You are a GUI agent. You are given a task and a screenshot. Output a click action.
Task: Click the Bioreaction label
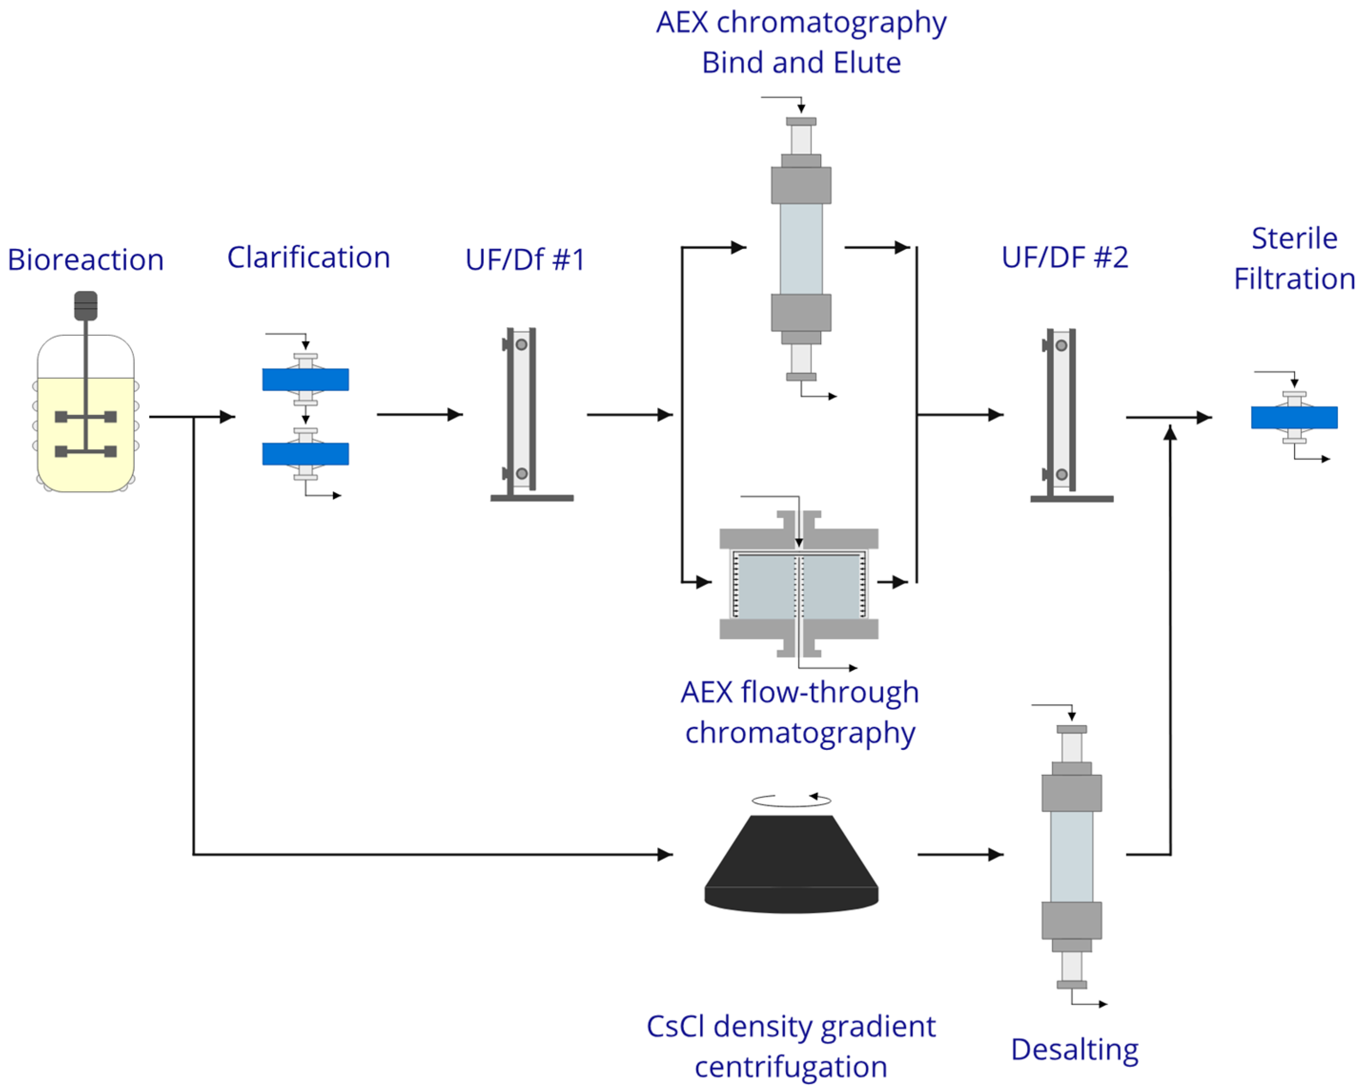coord(86,259)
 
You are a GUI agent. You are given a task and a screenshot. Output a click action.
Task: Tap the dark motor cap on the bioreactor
coord(86,306)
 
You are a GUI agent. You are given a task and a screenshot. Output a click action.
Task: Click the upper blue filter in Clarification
coord(305,380)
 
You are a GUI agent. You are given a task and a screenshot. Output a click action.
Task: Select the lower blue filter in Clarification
coord(305,454)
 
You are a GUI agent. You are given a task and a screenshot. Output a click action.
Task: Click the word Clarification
coord(309,257)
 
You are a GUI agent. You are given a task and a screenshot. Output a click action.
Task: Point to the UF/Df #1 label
coord(525,259)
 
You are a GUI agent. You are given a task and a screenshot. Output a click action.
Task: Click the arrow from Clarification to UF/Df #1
coord(420,415)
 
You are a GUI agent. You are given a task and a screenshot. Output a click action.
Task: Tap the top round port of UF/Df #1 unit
coord(521,345)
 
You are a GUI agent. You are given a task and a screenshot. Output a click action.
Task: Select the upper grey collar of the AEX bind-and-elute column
coord(801,185)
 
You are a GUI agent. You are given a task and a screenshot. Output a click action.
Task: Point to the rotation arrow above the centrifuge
coord(792,801)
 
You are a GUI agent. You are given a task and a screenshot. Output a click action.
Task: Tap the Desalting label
coord(1075,1049)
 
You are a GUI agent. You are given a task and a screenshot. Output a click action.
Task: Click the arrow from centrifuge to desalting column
coord(960,854)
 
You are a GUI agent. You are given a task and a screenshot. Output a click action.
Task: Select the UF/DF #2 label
coord(1065,257)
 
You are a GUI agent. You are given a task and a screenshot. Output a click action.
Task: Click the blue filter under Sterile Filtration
coord(1294,417)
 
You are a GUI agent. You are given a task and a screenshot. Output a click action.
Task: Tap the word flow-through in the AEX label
coord(830,693)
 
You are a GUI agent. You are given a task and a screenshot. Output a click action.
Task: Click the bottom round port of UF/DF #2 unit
coord(1062,474)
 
